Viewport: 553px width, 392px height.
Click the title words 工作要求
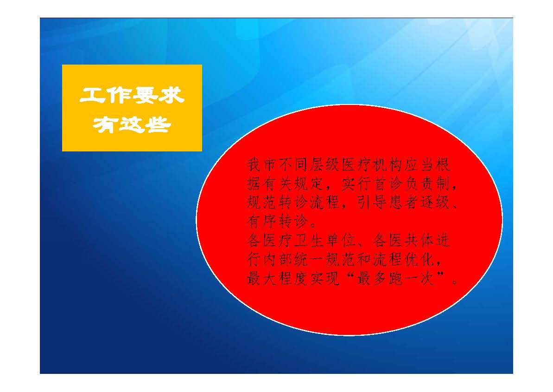tap(132, 95)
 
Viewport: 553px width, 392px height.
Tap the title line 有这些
tap(132, 124)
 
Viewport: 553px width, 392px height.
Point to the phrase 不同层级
tap(309, 165)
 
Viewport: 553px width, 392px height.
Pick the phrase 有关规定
tap(293, 184)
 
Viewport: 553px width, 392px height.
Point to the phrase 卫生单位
tap(325, 241)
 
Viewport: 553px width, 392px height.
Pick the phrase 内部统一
tap(293, 260)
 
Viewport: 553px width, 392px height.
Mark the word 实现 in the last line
tap(325, 279)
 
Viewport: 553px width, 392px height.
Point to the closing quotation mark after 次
tap(441, 275)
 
